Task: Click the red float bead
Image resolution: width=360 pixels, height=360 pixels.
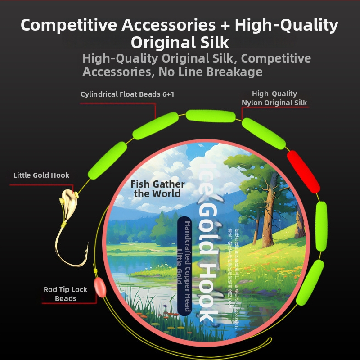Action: tap(304, 172)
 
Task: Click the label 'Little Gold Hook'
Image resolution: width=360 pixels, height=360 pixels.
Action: tap(41, 175)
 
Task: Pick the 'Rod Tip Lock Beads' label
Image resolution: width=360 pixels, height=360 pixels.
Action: tap(65, 294)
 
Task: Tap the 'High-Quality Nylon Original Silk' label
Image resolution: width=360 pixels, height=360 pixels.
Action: tap(274, 98)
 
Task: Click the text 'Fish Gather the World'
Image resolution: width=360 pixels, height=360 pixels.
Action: tap(157, 189)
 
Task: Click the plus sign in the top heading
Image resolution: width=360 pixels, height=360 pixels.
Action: tap(224, 25)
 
